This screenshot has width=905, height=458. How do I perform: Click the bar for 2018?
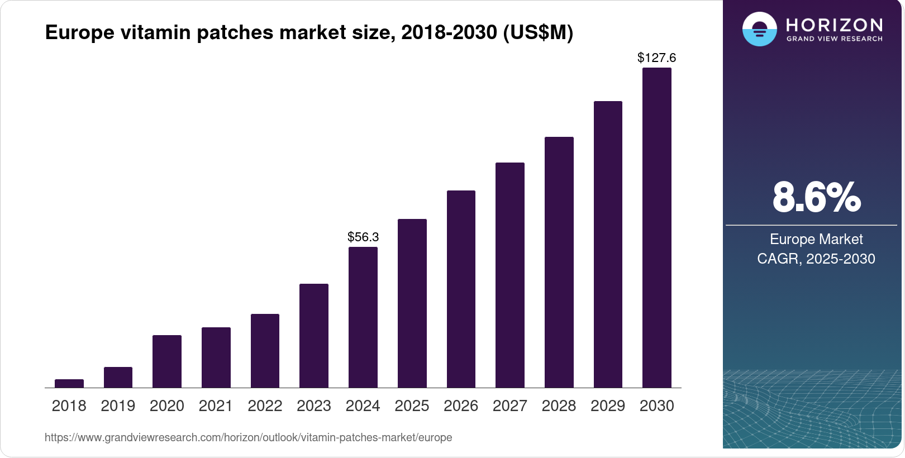pos(69,383)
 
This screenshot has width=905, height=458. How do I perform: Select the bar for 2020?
pos(167,361)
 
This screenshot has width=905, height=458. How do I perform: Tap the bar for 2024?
pos(363,317)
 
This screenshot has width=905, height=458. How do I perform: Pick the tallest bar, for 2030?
pos(657,228)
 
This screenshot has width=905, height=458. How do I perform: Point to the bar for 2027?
pos(510,275)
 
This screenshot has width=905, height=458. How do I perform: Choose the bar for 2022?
pos(265,351)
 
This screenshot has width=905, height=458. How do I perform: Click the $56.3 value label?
pos(363,237)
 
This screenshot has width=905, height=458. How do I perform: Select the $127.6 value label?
pos(657,58)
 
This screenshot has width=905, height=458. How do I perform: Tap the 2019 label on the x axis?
pos(118,406)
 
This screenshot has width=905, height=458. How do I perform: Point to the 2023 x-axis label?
pos(314,406)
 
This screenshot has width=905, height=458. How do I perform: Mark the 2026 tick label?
pos(461,406)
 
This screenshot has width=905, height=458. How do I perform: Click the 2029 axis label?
pos(608,406)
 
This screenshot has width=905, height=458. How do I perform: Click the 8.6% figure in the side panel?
pos(816,197)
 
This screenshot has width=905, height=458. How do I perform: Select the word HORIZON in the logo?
pos(835,25)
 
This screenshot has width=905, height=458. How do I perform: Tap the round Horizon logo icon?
pos(759,29)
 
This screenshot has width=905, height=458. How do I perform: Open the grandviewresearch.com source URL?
pos(249,437)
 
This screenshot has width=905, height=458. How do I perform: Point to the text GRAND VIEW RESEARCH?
pos(835,39)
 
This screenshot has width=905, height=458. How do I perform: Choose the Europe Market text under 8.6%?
pos(816,240)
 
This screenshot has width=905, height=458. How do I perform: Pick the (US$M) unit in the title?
pos(538,32)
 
